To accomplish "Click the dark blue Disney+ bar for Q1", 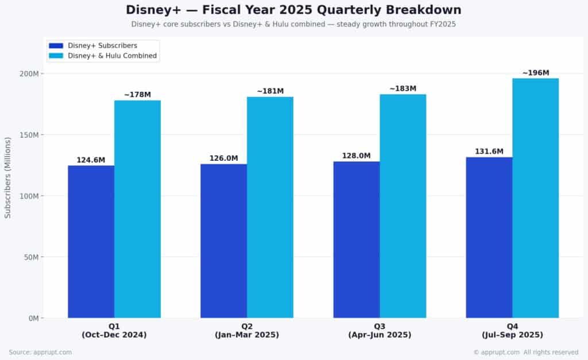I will (91, 241).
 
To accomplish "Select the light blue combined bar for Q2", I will (270, 207).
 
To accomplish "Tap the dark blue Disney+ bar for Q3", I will (356, 239).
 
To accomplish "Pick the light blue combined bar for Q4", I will (535, 198).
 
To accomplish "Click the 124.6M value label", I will (91, 160).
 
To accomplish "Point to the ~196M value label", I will (535, 73).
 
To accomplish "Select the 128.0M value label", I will (356, 156).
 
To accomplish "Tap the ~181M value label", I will (270, 91).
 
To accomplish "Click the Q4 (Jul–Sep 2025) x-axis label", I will (512, 331).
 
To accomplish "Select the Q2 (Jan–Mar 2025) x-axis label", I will (247, 331).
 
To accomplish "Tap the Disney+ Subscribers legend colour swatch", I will (56, 45).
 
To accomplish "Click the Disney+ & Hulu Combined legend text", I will (112, 56).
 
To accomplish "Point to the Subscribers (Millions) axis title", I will (8, 177).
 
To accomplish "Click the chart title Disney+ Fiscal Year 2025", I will (293, 10).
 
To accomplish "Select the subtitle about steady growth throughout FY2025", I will (293, 24).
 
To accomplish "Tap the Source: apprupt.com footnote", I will (40, 352).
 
